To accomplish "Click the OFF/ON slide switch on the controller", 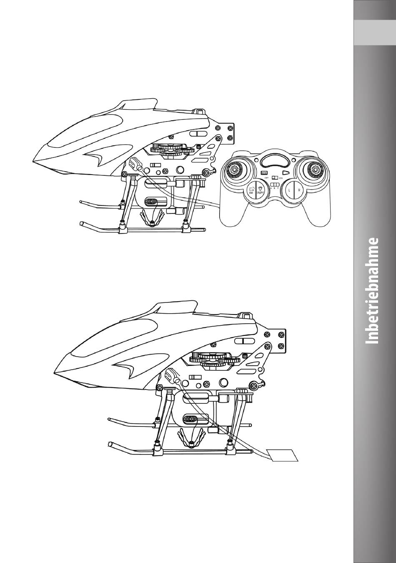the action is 274,178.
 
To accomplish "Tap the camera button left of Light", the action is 252,190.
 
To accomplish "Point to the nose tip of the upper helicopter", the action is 35,161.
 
